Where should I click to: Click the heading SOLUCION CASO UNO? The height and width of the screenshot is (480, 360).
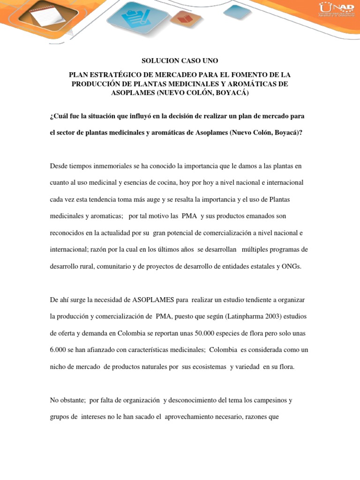[x=180, y=61]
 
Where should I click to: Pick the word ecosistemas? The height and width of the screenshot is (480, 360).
[x=209, y=367]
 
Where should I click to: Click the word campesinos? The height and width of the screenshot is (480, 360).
[x=270, y=400]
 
